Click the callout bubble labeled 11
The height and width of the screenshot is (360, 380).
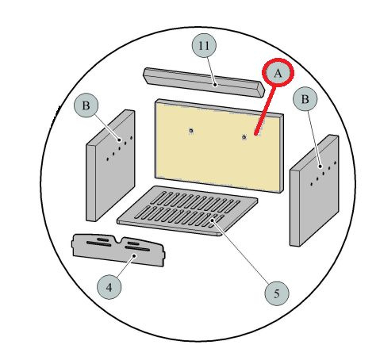tap(204, 46)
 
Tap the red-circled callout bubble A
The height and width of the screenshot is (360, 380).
tap(278, 72)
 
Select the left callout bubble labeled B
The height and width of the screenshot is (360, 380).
tap(86, 105)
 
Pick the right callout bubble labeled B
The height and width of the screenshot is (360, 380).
tap(305, 99)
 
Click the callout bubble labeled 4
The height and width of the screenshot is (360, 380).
tap(109, 287)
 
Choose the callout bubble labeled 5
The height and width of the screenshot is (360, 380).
tap(277, 293)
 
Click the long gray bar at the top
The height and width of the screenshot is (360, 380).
tap(204, 82)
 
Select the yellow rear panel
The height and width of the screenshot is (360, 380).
tap(219, 146)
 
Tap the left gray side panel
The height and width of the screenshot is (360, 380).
tap(110, 166)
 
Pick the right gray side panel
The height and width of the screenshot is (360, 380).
tap(314, 190)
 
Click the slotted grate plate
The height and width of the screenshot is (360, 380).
tap(187, 210)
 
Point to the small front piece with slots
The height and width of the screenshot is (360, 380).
tap(118, 250)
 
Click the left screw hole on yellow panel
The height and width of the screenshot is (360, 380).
tap(191, 130)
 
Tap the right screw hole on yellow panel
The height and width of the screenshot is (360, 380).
tap(244, 137)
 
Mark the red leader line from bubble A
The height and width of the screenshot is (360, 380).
tap(265, 110)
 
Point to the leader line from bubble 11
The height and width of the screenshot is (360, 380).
tap(211, 71)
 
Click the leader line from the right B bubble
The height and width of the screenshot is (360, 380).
tap(314, 139)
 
